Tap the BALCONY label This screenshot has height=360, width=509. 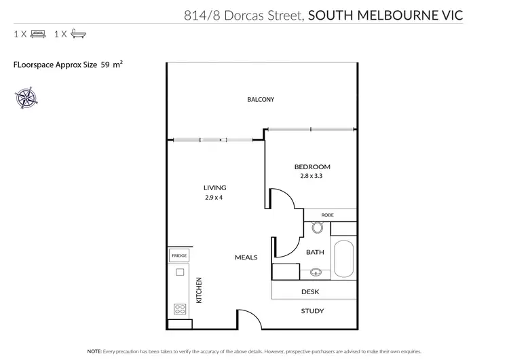pos(261,100)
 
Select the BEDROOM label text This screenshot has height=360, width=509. pos(312,167)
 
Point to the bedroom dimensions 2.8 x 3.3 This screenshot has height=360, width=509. pos(312,176)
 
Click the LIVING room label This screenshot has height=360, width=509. pos(214,188)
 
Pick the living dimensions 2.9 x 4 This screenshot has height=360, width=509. pos(214,198)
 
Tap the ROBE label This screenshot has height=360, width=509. pos(328,215)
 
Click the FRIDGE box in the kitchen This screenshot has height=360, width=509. pos(179,255)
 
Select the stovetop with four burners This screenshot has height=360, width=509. pos(180,308)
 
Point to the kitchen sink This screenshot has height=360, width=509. pos(180,272)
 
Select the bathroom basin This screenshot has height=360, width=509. pos(315,274)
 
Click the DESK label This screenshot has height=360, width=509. pos(310,292)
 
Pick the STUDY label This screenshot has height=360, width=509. pos(312,311)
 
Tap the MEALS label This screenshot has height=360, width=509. pos(246,257)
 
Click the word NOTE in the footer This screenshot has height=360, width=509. pos(94,351)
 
